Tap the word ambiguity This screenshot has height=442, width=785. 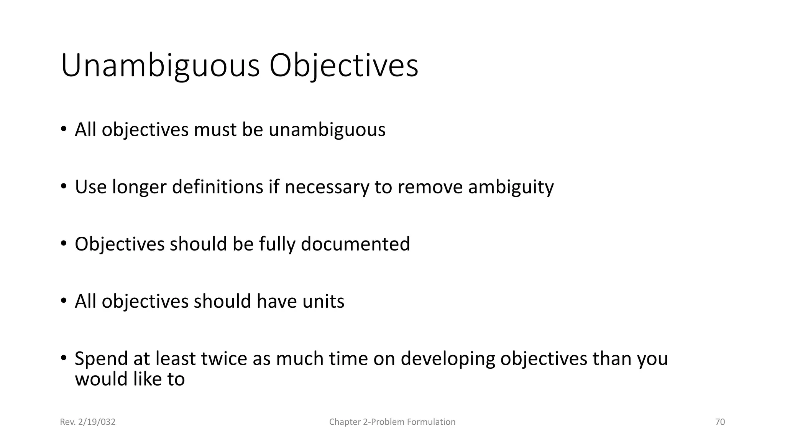tap(511, 187)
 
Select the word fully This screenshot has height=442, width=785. tap(277, 244)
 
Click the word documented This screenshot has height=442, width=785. tap(355, 244)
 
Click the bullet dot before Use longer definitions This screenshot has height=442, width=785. tap(64, 187)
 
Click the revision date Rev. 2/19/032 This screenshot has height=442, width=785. tap(88, 422)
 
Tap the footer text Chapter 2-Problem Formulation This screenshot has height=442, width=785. tap(392, 422)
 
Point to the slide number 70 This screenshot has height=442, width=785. tap(720, 422)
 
